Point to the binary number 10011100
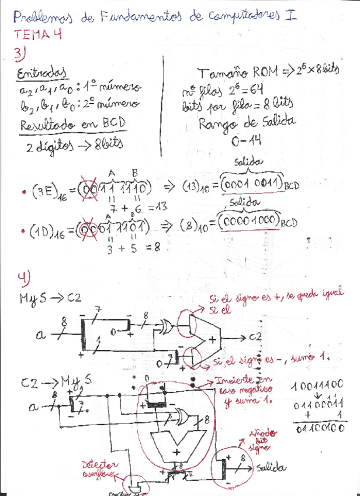[318, 387]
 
